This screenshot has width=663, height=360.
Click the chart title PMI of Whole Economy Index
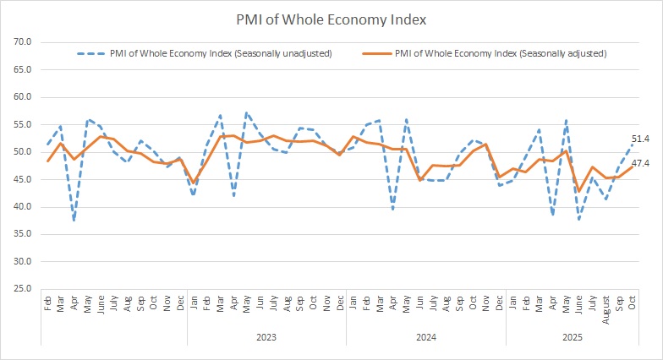tap(331, 18)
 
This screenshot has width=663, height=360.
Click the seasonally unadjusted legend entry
tap(220, 53)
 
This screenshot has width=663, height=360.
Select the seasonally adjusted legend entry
tap(501, 53)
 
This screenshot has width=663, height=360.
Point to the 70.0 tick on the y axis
tap(23, 41)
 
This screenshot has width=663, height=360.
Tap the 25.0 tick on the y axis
tap(23, 289)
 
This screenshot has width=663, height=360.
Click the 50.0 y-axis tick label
tap(23, 152)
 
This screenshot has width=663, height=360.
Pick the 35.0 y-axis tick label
tap(23, 234)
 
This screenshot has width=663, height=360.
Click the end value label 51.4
tap(640, 139)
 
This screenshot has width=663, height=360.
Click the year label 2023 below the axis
tap(266, 336)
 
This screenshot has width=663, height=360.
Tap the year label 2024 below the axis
tap(426, 336)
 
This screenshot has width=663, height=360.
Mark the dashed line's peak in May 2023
tap(246, 112)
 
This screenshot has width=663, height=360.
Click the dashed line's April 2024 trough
tap(393, 210)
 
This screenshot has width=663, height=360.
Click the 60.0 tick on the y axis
tap(23, 97)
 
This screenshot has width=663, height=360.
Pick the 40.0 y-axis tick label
tap(23, 207)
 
